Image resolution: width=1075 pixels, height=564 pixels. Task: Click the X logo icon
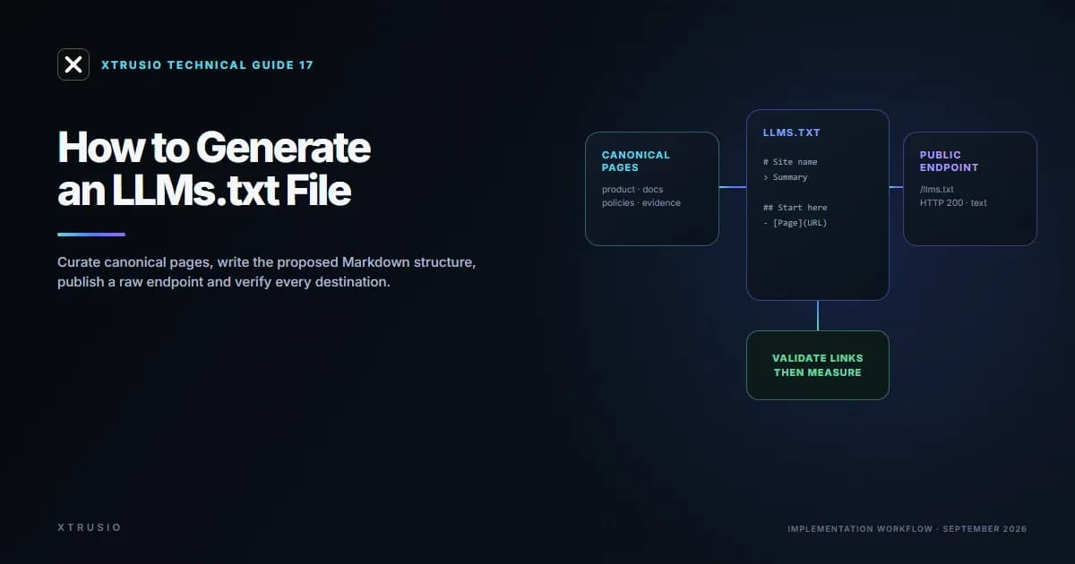73,64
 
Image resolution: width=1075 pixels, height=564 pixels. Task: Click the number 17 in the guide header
306,65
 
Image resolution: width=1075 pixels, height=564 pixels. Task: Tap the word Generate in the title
283,148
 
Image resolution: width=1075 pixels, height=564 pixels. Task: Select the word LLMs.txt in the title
195,191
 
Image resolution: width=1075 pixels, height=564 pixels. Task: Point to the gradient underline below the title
91,235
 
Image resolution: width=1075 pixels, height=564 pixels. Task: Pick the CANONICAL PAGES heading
635,161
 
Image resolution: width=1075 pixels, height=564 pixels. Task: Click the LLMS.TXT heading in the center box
791,132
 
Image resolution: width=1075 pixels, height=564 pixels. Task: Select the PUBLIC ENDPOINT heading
949,161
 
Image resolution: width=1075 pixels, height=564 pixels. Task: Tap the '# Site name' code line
790,162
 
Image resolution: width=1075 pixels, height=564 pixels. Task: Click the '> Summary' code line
785,177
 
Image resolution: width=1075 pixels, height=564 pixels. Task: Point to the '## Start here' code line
795,208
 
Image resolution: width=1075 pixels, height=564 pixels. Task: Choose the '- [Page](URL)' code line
795,223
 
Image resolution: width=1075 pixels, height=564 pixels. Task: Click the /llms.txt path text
936,190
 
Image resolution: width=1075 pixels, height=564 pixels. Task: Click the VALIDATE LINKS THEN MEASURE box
818,365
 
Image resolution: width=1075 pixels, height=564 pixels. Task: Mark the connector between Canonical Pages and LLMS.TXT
733,187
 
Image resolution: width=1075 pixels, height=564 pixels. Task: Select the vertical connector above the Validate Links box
818,315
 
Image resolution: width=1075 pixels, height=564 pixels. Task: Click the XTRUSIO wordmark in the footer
90,527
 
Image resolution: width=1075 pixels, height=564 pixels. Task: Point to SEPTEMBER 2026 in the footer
985,529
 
